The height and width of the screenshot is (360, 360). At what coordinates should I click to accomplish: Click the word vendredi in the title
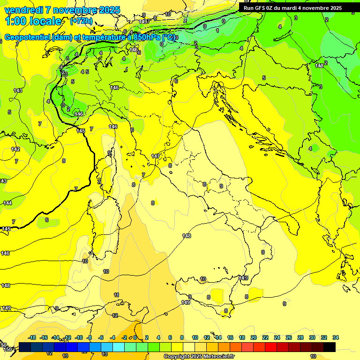(x=24, y=10)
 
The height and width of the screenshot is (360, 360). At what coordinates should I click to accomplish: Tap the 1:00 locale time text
(x=33, y=21)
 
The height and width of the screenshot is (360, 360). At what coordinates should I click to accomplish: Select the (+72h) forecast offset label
(x=81, y=21)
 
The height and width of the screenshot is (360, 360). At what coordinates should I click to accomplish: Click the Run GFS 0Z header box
(x=292, y=7)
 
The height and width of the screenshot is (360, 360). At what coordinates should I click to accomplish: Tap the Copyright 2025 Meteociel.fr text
(x=199, y=357)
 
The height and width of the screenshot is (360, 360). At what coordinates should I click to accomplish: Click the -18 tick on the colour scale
(x=32, y=337)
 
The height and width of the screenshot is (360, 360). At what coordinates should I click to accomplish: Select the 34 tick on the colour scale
(x=336, y=337)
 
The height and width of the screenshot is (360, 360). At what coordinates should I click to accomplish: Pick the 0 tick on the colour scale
(x=135, y=337)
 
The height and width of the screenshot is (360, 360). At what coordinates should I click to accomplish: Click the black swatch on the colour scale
(x=330, y=347)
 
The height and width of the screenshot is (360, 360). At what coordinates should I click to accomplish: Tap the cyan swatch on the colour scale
(x=119, y=347)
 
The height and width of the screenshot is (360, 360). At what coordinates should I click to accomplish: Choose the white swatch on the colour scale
(x=189, y=347)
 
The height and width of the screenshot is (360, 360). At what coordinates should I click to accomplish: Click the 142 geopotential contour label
(x=16, y=149)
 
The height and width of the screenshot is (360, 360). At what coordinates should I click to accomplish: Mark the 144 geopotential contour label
(x=7, y=202)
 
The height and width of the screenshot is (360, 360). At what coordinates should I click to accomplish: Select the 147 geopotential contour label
(x=156, y=156)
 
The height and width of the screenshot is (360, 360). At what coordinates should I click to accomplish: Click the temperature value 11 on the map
(x=116, y=295)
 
